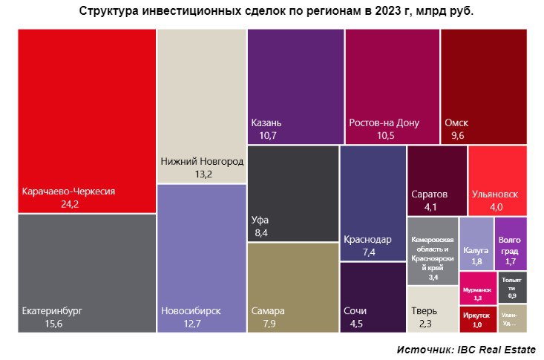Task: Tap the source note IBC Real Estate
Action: coord(465,349)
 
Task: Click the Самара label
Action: coord(268,310)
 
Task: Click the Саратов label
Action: coord(429,194)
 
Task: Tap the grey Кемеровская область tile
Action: coord(433,250)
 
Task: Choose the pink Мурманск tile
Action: coord(476,287)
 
